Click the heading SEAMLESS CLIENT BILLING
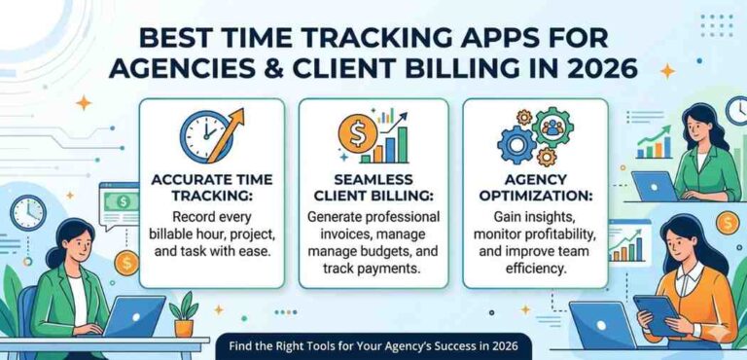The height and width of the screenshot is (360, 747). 371,189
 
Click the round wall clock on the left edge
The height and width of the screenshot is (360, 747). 27,212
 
